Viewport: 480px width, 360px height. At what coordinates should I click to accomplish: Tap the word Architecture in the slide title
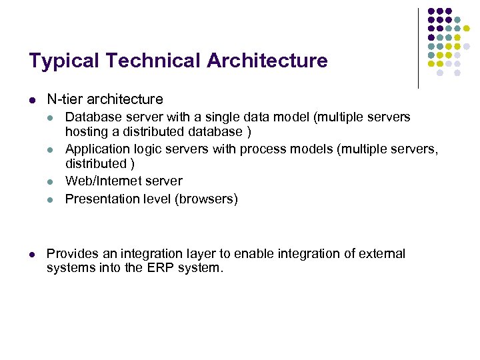coord(267,61)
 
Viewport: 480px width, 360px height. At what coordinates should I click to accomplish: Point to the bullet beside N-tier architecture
coord(32,100)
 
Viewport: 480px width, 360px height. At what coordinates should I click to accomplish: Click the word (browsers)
coord(206,199)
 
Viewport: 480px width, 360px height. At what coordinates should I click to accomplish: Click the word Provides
coord(71,254)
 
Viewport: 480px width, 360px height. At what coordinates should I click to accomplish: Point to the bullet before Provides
coord(32,255)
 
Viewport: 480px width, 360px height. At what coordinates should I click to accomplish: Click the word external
coord(381,254)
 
